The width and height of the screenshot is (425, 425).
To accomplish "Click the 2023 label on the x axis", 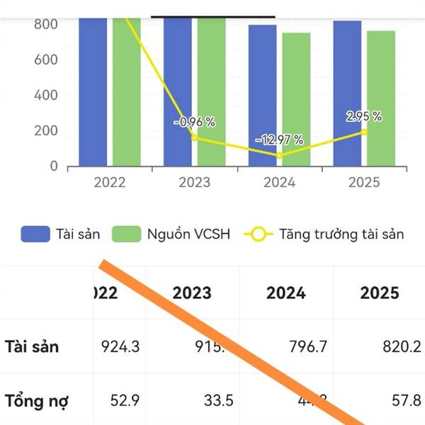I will tap(194, 182).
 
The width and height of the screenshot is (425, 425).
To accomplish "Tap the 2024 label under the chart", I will tap(279, 182).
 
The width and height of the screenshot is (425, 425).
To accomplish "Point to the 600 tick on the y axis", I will tap(45, 59).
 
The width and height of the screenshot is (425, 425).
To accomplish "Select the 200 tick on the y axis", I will tap(45, 130).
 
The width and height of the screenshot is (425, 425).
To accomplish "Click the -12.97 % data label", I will tap(279, 140).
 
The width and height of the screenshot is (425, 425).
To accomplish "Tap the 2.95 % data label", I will tap(364, 116).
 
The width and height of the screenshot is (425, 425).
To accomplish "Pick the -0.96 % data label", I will tap(195, 122).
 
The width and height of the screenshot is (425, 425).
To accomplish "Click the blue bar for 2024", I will tap(262, 96).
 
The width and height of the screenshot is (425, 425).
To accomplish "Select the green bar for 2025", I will tap(381, 98).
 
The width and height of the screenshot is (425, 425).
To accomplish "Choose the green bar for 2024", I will tap(296, 99).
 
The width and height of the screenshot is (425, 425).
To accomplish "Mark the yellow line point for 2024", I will tap(280, 155).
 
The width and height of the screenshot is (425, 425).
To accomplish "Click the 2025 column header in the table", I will tap(380, 293).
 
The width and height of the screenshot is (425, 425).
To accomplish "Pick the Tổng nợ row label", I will tap(37, 401).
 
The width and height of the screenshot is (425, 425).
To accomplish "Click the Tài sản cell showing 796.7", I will tap(286, 347).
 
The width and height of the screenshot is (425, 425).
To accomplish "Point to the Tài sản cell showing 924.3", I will tap(120, 347).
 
